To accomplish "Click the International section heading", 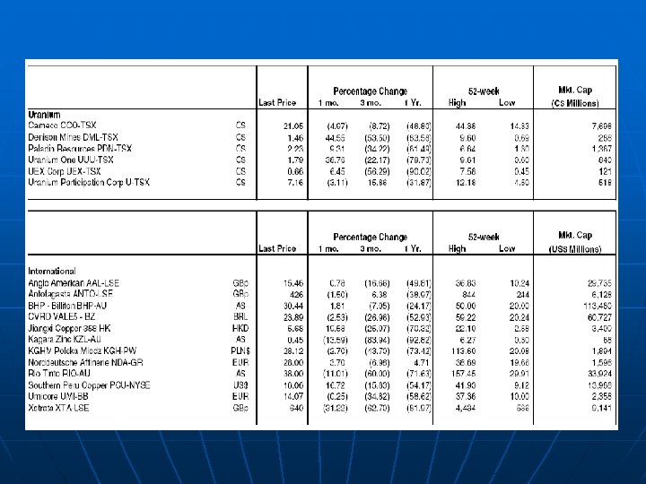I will coord(52,271).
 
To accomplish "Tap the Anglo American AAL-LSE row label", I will coord(74,282).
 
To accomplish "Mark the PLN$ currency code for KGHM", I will coord(240,350).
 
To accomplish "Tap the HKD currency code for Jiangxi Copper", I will coord(240,328).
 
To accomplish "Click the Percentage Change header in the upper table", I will coord(370,91).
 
